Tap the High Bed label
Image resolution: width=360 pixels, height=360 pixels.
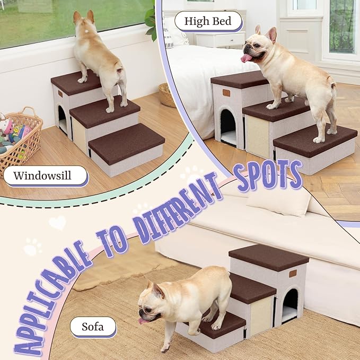click(208, 22)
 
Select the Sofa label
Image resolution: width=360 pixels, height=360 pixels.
click(93, 326)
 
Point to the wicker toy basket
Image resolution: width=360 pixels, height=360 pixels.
click(20, 135)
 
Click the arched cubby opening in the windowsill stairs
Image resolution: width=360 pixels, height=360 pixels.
click(62, 120)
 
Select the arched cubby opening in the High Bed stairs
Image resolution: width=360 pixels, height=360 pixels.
click(228, 127)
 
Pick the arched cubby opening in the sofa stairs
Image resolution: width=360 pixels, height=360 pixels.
click(289, 306)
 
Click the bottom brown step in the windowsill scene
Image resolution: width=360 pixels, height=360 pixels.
click(126, 143)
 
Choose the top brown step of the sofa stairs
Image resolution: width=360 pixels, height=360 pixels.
click(268, 256)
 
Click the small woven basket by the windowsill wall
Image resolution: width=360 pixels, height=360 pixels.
click(166, 94)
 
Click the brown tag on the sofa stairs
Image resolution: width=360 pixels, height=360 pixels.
click(293, 274)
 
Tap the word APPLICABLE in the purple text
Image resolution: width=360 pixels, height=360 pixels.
click(53, 297)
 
